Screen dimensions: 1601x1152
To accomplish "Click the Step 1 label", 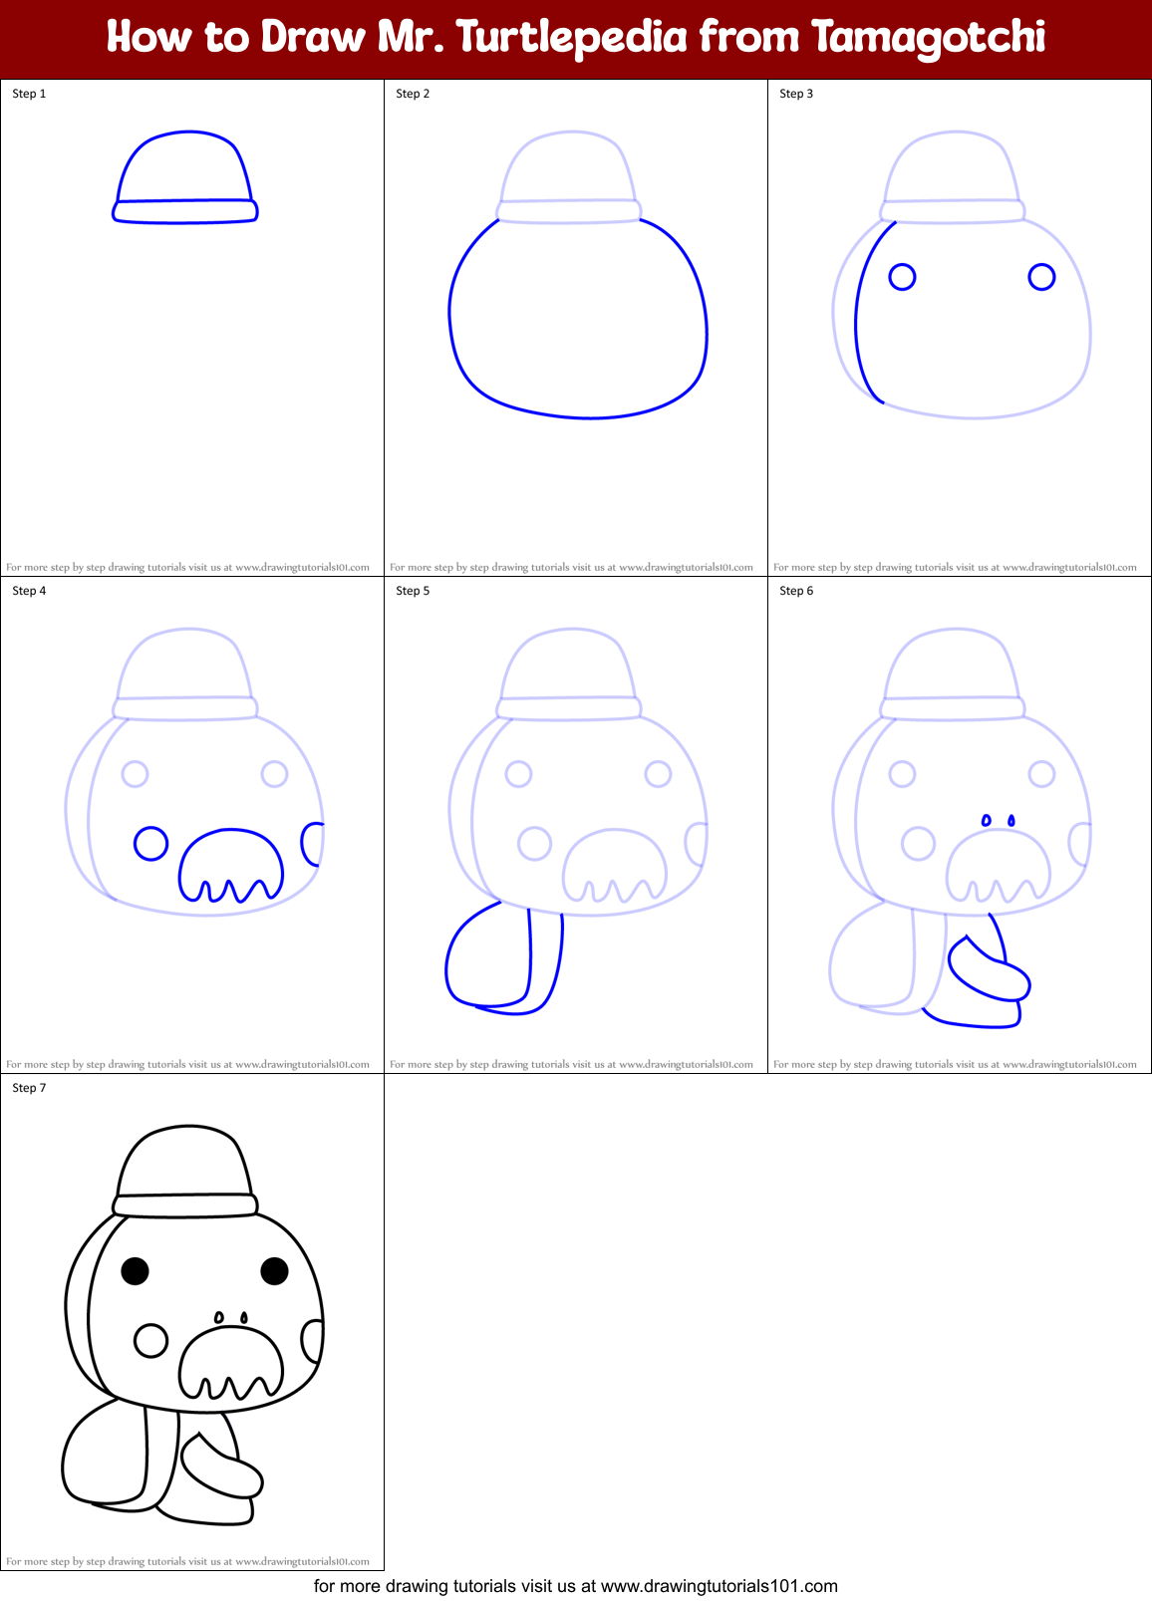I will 29,94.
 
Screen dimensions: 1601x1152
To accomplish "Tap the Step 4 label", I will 29,591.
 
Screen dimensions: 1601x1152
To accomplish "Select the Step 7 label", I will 29,1088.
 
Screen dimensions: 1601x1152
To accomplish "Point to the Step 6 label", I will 796,591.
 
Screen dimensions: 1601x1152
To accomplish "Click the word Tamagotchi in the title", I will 928,38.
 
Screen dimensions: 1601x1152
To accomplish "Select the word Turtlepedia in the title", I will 572,38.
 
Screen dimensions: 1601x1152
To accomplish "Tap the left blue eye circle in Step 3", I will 902,277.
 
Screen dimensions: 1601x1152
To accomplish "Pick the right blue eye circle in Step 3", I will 1041,277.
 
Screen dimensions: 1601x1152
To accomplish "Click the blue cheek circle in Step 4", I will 150,844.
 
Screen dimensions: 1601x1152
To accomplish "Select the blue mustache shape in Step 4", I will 231,863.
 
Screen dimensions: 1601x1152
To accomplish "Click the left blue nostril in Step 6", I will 987,821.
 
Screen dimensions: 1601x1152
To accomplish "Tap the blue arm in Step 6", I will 990,970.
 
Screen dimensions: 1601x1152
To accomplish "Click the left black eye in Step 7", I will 135,1270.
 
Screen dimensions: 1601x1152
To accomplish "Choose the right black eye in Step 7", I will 274,1270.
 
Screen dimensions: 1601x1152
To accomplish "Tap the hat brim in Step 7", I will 185,1205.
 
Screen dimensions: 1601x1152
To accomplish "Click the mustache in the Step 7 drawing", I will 231,1360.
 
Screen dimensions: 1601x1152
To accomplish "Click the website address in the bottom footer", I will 719,1586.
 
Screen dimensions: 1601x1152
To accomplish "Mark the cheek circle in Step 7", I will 150,1340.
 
